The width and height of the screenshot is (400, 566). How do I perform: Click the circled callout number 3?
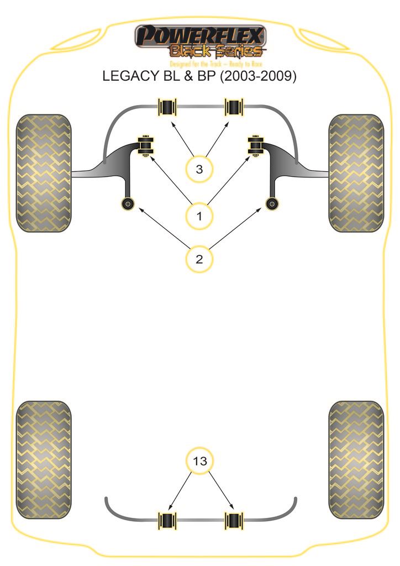(199, 169)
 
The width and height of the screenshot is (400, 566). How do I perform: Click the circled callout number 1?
(199, 216)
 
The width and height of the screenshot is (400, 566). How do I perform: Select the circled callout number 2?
(199, 258)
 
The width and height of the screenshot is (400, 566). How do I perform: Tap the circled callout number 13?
(200, 460)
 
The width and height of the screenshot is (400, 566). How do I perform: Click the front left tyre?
(44, 173)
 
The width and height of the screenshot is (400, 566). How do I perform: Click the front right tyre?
(356, 173)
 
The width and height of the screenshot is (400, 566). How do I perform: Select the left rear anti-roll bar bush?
(167, 521)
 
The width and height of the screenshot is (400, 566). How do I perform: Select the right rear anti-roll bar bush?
(233, 521)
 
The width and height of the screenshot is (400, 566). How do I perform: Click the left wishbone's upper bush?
(145, 145)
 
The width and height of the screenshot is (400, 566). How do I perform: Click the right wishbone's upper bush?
(255, 145)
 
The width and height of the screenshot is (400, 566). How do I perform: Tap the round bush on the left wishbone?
(128, 203)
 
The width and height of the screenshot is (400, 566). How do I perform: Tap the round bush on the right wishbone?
(272, 203)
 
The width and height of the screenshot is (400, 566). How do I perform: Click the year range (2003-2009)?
(258, 76)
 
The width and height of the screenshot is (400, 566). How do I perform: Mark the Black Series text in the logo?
(215, 51)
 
